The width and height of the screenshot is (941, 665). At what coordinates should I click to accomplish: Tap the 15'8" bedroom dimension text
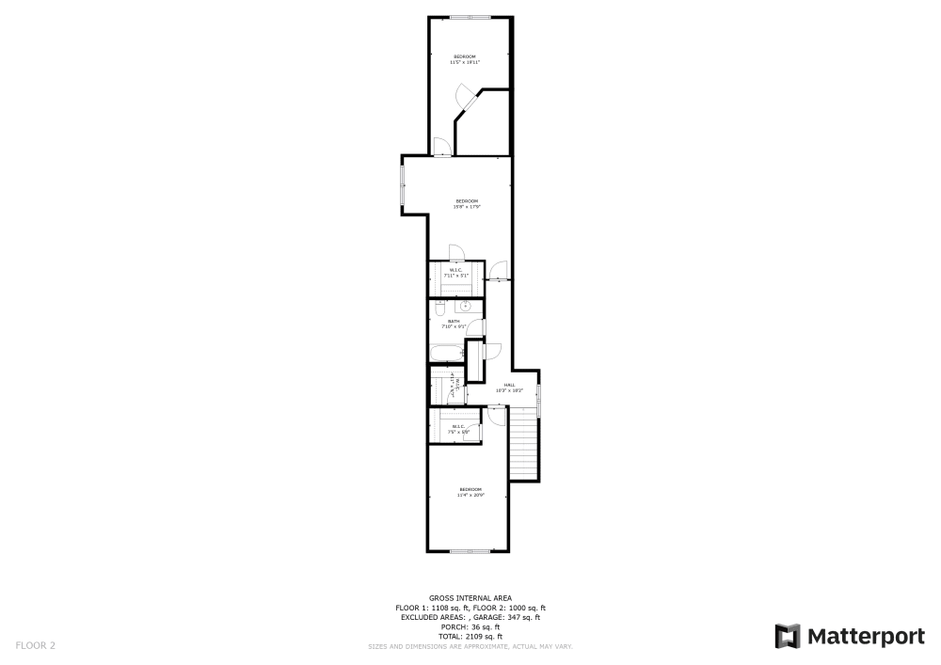[467, 207]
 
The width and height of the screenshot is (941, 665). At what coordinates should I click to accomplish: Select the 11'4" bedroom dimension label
[470, 495]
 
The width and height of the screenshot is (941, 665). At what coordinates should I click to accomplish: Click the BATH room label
[454, 322]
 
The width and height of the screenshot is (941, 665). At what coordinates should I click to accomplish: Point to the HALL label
[509, 385]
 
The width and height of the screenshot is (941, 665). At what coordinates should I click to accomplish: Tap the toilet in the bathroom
[439, 308]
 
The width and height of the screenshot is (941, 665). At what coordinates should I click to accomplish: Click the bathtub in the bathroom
[446, 354]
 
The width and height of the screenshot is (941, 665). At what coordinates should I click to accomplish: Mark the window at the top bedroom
[469, 17]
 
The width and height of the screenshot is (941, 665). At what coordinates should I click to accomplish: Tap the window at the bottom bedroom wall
[469, 551]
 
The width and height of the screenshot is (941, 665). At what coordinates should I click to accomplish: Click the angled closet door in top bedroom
[465, 98]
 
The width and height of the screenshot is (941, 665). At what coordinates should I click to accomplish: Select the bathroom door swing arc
[476, 327]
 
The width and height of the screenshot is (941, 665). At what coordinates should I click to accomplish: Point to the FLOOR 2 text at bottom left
[36, 645]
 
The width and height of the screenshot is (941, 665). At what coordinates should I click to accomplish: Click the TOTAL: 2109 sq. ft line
[470, 637]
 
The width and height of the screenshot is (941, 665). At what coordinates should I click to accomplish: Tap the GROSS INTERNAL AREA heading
[470, 598]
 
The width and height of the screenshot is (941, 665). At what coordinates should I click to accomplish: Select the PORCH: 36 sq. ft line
[470, 627]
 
